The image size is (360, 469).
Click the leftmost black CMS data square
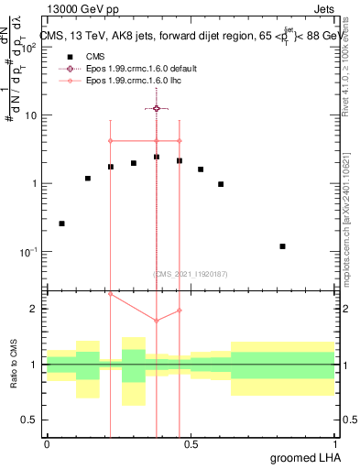tap(61, 224)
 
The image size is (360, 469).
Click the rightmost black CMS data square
tap(283, 246)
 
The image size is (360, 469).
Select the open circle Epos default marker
tap(157, 108)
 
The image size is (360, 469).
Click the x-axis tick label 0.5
tap(191, 444)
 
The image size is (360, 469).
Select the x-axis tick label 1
tap(335, 444)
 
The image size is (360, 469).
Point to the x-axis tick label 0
tap(47, 444)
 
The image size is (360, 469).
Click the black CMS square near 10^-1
tap(283, 246)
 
